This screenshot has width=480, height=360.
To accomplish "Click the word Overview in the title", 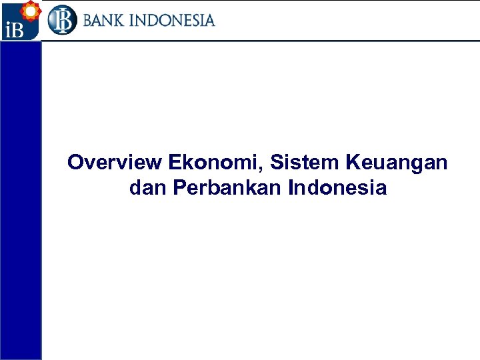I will click(115, 162).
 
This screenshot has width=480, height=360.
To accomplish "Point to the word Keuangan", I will click(397, 162).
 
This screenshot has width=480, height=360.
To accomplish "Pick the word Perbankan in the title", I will click(227, 188).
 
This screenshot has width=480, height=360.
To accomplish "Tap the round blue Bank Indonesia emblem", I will click(62, 20).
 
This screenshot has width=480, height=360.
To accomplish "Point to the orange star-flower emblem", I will click(29, 11).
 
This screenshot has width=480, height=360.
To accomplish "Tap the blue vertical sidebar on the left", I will click(21, 200).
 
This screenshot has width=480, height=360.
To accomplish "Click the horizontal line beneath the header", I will click(260, 41).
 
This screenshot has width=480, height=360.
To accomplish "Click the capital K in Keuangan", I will click(352, 162).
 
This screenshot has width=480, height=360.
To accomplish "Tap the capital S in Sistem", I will click(277, 162).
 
